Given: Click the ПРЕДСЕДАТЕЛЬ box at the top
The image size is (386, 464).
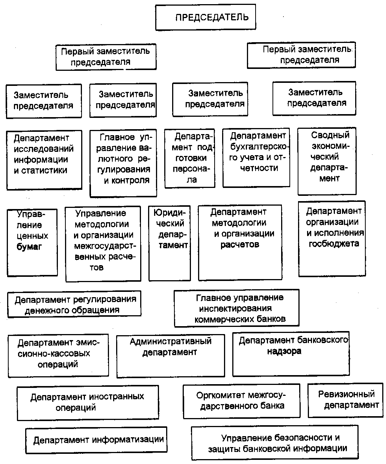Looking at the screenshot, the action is [x=206, y=17].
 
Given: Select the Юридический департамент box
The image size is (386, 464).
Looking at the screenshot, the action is [x=170, y=243].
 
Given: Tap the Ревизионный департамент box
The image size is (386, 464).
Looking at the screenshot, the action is [x=345, y=400].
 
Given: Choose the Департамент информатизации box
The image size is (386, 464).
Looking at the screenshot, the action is [x=96, y=440].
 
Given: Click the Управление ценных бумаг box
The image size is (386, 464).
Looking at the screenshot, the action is [x=32, y=243].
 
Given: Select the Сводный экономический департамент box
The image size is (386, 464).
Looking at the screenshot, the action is [x=327, y=161].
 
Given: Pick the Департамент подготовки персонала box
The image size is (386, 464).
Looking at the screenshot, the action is [x=190, y=159].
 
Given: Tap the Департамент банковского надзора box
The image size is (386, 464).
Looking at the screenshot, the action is [x=291, y=354].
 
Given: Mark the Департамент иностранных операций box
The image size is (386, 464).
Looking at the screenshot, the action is [x=88, y=403].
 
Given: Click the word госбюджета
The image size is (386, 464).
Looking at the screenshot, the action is [x=334, y=244].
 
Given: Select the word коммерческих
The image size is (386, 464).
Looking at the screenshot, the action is [x=224, y=319].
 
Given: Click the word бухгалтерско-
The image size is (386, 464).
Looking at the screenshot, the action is [x=258, y=147].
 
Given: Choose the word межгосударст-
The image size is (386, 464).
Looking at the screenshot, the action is [x=105, y=246].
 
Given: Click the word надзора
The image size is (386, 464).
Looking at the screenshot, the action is [x=284, y=351].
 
